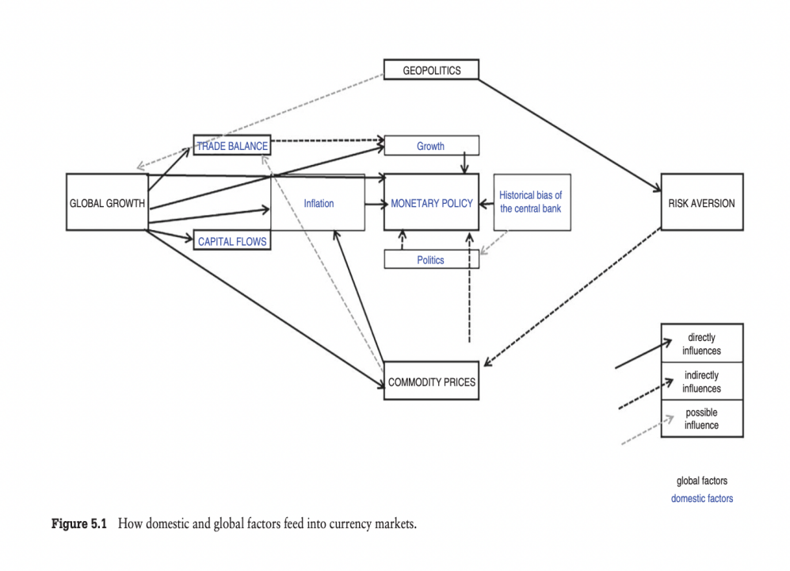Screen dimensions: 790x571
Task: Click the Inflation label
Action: point(319,203)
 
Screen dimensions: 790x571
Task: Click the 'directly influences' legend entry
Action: point(702,343)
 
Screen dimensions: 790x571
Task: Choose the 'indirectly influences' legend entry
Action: point(702,381)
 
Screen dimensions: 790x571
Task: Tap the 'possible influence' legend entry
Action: point(702,419)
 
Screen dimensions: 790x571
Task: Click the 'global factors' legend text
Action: point(702,481)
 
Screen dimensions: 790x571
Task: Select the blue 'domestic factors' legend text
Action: point(702,498)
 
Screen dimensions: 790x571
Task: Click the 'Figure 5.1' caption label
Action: point(79,523)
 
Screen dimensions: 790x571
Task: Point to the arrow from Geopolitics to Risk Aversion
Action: point(570,135)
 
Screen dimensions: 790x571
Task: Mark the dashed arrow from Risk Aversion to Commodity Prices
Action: point(572,297)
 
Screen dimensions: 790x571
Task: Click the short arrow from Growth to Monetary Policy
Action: point(464,162)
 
